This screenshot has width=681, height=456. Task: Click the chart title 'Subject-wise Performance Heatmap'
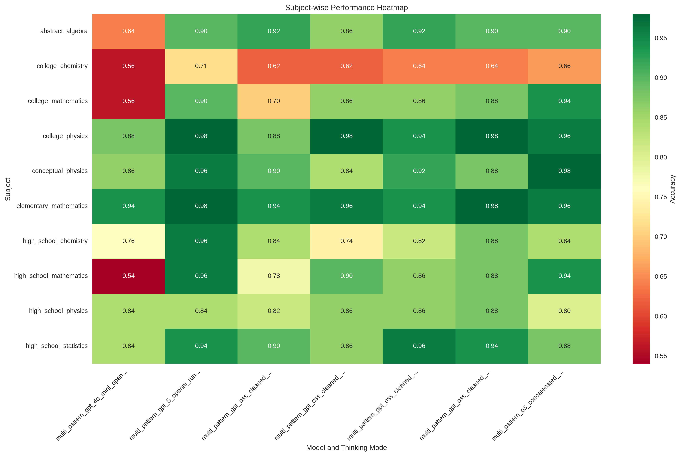[x=346, y=8]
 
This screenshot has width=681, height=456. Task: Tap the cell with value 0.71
[x=201, y=66]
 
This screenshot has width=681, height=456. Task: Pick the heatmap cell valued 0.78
[x=274, y=276]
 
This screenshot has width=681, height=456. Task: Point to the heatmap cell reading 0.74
[x=346, y=241]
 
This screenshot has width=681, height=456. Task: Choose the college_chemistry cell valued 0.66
[x=564, y=66]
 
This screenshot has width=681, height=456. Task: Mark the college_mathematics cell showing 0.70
[x=274, y=101]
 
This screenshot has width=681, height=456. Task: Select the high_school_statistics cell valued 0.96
[x=419, y=346]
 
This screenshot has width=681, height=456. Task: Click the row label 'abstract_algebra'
[x=64, y=31]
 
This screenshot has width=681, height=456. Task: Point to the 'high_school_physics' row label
[x=58, y=311]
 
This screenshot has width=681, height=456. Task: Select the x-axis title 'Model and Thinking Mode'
[x=346, y=448]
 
